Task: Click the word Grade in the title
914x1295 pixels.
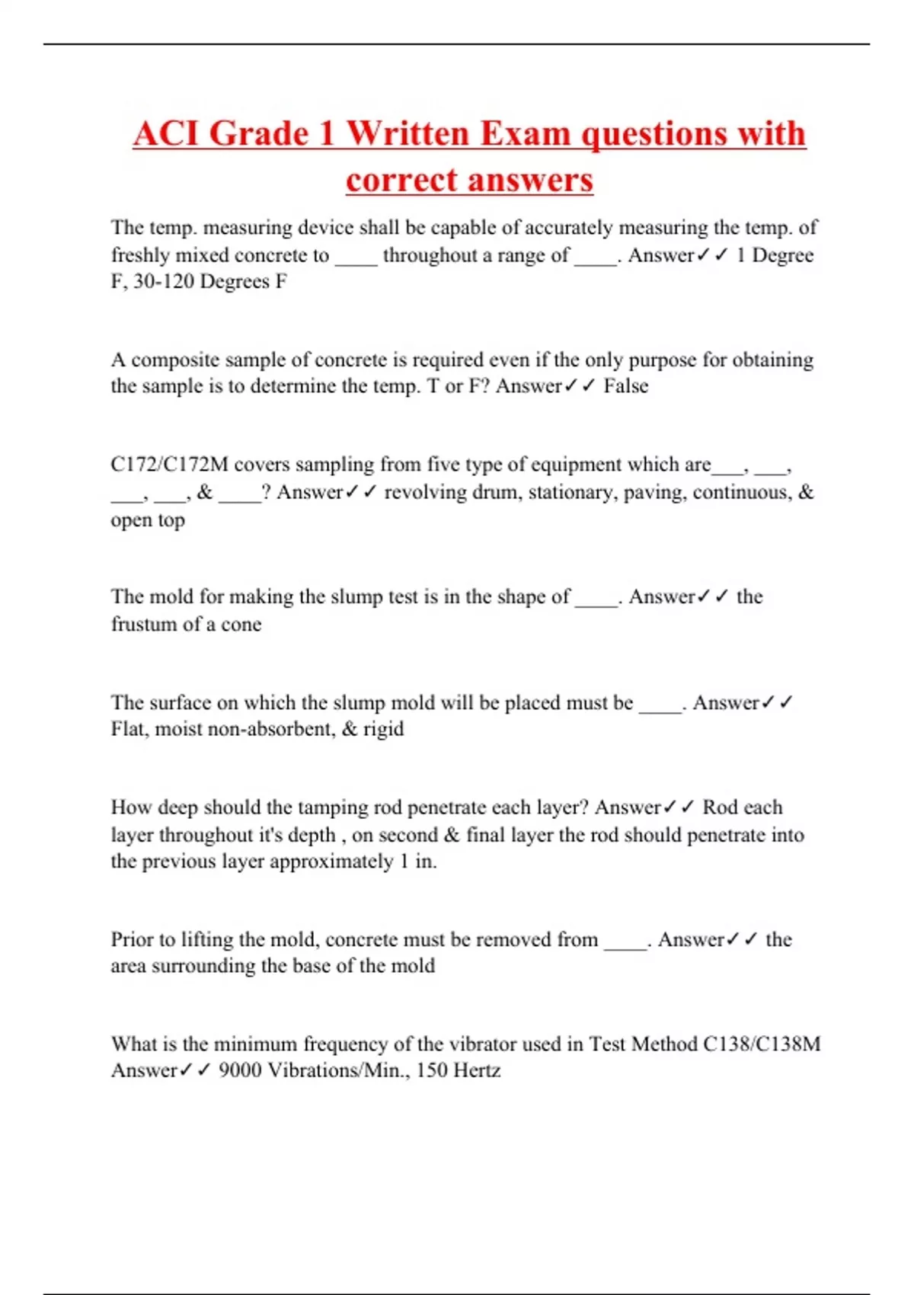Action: tap(259, 133)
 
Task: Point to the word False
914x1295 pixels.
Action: tap(625, 386)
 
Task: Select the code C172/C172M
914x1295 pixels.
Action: tap(169, 465)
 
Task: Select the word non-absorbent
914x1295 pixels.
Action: tap(271, 729)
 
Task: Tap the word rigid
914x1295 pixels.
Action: tap(383, 729)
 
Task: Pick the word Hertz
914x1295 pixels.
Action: tap(477, 1070)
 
